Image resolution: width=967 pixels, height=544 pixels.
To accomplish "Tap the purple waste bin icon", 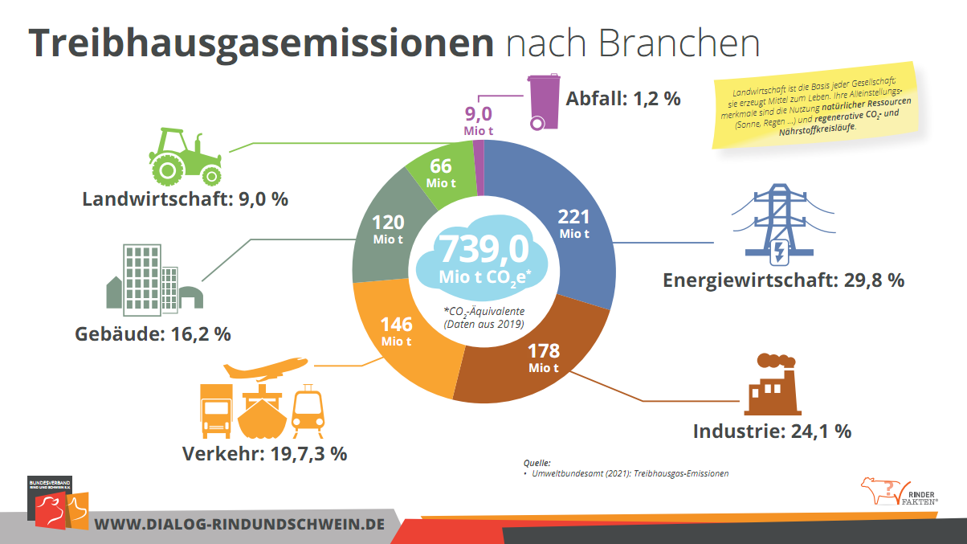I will click(x=542, y=102).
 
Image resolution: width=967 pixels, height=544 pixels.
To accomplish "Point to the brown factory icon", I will click(x=770, y=384).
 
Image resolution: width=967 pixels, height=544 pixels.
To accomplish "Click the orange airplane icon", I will click(x=265, y=368).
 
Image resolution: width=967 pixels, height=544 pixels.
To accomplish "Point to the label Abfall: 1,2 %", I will click(x=623, y=99).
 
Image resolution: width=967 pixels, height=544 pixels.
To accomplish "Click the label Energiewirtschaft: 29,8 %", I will click(x=783, y=280).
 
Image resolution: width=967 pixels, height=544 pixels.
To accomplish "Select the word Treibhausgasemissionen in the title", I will click(x=262, y=43).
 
